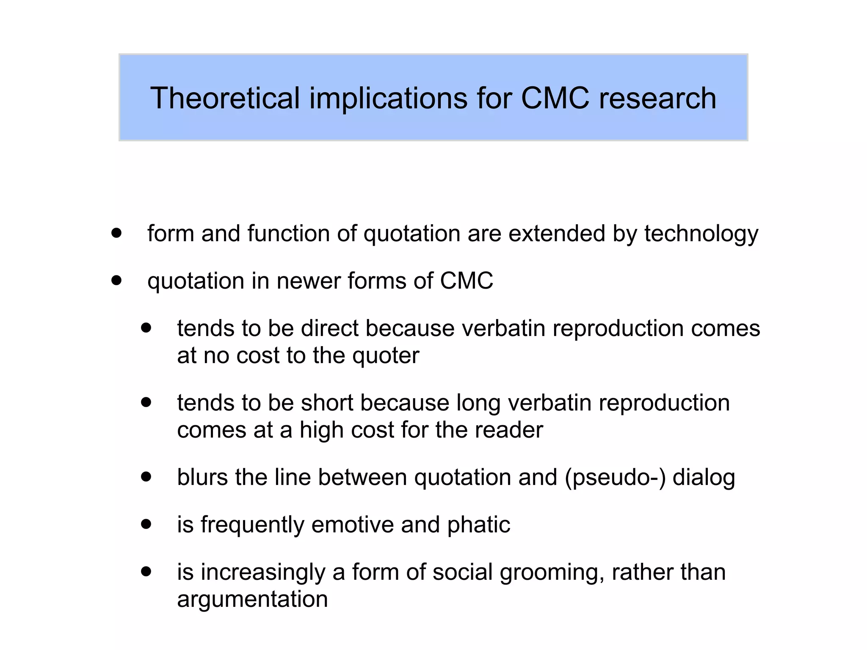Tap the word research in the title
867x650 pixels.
[657, 98]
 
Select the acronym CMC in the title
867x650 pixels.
[555, 98]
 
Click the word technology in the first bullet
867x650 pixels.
[701, 234]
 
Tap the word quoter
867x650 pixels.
[386, 355]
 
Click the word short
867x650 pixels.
[327, 403]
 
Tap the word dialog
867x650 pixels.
[704, 478]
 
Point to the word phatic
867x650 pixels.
[478, 525]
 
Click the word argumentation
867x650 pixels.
[252, 600]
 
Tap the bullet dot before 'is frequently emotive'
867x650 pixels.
[146, 524]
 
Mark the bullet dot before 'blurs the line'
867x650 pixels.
[146, 477]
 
